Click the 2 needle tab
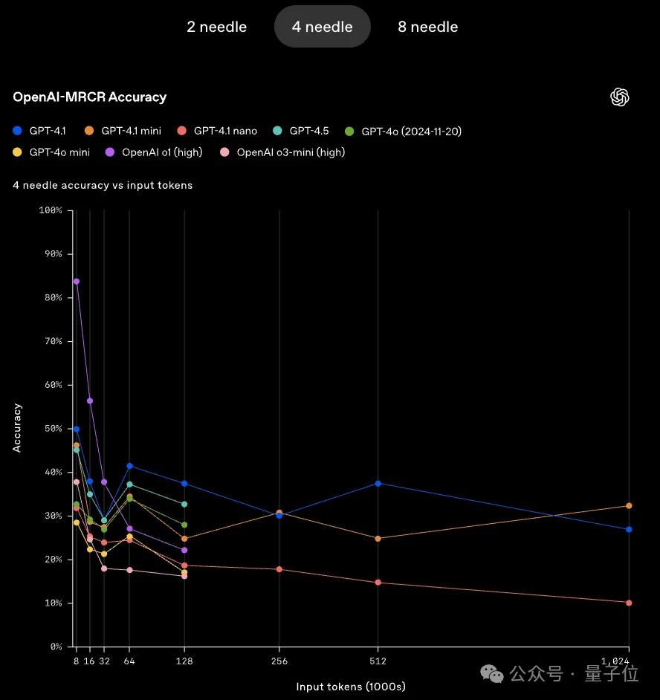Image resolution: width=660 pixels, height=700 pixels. [216, 27]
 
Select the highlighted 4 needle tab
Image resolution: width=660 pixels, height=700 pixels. [322, 27]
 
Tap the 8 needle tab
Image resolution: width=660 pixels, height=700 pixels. [428, 27]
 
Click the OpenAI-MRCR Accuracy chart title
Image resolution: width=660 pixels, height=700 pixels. [89, 97]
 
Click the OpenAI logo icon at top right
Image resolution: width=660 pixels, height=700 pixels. [620, 97]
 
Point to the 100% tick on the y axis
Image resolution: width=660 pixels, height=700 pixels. [49, 210]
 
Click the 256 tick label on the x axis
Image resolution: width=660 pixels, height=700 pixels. [279, 661]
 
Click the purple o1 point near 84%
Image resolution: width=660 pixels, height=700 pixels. [77, 282]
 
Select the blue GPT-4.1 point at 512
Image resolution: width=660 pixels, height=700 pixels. [378, 483]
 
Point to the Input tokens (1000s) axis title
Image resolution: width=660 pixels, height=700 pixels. [351, 687]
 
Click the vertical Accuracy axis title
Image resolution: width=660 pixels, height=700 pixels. [18, 428]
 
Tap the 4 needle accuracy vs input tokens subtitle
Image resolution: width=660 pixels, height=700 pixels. [103, 185]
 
